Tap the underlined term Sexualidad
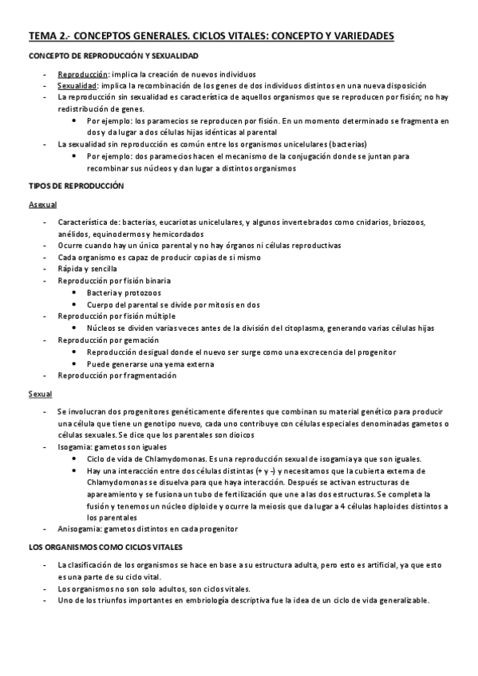tap(77, 85)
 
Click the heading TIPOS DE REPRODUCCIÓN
tap(76, 185)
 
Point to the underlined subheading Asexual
tap(41, 205)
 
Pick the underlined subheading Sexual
tap(40, 394)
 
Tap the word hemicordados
tap(177, 234)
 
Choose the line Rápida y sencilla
tap(85, 269)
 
